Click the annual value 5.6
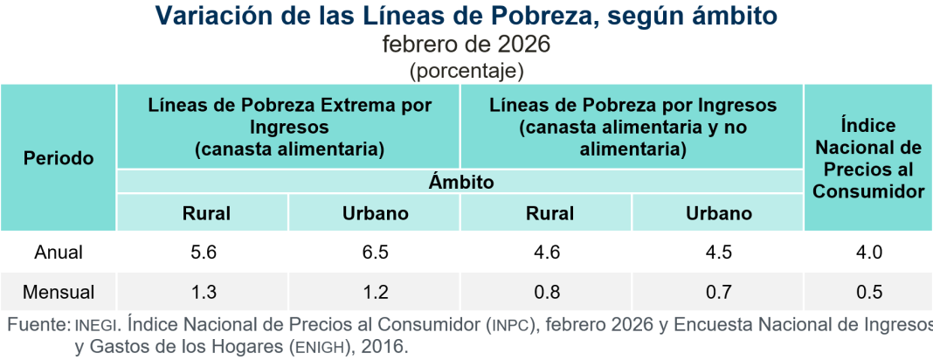203,253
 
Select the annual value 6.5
375,253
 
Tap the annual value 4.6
546,253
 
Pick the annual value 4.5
718,253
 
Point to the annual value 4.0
869,253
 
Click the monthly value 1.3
203,292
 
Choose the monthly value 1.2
375,292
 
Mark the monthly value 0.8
546,292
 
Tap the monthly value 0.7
718,292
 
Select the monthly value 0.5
869,292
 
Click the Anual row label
59,253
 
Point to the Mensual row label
59,292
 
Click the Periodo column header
59,158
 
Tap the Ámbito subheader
461,183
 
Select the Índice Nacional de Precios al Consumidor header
868,158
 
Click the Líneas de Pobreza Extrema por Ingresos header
289,127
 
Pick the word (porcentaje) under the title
466,69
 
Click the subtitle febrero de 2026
466,43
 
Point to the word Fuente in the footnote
37,325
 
